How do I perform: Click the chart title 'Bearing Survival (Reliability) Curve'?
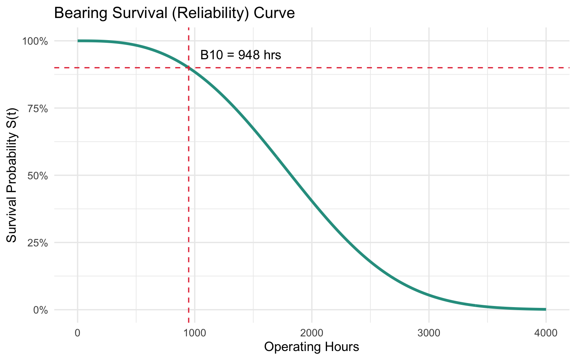click(174, 13)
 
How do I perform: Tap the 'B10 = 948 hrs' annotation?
click(241, 55)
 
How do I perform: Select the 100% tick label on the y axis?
click(35, 41)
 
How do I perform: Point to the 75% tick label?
click(38, 108)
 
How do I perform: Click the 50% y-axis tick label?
click(38, 175)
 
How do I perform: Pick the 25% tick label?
click(38, 243)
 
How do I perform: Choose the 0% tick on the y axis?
click(40, 310)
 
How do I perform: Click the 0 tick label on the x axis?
click(78, 333)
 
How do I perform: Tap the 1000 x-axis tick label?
click(194, 333)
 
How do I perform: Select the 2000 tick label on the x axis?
click(312, 333)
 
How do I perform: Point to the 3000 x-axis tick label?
click(429, 333)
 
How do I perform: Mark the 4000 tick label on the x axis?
click(546, 333)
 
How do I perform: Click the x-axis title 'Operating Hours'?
click(312, 347)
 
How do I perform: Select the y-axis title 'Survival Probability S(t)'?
click(12, 175)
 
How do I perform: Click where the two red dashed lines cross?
click(188, 68)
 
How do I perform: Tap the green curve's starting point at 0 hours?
click(78, 41)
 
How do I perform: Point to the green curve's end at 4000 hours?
click(546, 309)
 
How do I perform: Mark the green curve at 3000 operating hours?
click(429, 295)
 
